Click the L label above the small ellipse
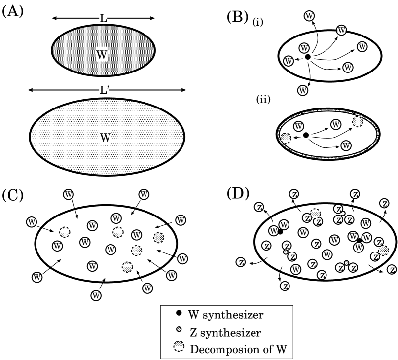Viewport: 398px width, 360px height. pos(103,18)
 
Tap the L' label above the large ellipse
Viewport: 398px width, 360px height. pos(104,90)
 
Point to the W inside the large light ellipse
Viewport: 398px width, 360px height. pos(105,138)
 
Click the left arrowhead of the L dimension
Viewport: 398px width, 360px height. pos(54,18)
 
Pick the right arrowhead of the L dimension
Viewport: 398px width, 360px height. pos(152,18)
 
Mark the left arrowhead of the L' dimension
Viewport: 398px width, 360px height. pos(31,90)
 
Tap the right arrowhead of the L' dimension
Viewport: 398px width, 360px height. pos(183,90)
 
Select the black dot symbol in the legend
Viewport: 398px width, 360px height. pos(178,313)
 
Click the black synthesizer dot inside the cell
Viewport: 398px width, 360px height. pos(306,135)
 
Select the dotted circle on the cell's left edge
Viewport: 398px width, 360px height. pos(286,138)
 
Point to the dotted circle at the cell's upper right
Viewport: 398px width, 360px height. pos(357,122)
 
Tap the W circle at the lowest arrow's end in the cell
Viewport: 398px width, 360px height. pos(346,145)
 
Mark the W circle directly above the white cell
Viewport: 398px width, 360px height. pos(303,90)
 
